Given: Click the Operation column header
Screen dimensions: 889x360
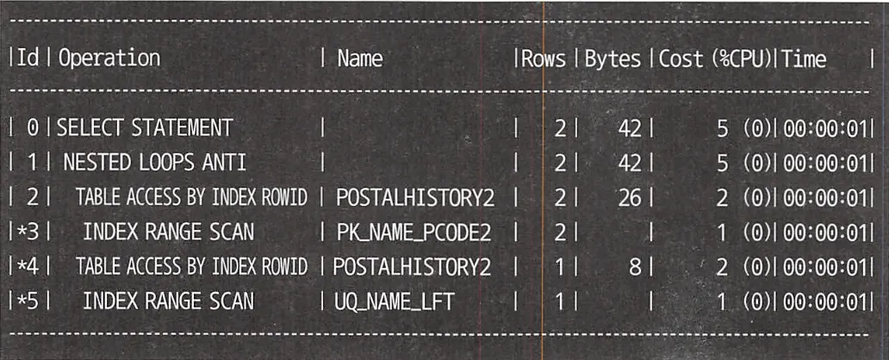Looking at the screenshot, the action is point(109,59).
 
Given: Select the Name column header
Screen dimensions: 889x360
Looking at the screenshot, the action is point(360,59).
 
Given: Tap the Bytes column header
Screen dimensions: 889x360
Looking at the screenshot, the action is point(613,59).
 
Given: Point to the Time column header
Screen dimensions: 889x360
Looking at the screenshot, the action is point(805,59).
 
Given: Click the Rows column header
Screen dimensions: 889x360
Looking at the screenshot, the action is point(544,59).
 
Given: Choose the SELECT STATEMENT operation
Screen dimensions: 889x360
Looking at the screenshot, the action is point(144,128).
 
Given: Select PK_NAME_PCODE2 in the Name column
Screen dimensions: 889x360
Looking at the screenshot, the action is point(406,232).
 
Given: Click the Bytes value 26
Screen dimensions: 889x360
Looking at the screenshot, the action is point(630,197).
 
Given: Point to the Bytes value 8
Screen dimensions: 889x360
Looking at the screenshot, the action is point(636,266).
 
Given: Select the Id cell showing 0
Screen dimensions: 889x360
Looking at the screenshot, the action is point(33,128).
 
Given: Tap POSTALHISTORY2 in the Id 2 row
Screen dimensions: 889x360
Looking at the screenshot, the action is point(416,197).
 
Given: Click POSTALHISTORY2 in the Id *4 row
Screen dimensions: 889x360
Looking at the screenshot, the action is point(416,266).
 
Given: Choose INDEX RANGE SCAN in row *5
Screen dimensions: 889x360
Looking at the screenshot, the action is point(169,301).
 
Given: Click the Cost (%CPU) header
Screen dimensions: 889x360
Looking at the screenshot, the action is point(715,59).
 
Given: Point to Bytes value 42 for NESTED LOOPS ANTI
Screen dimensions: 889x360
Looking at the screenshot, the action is point(630,163).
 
